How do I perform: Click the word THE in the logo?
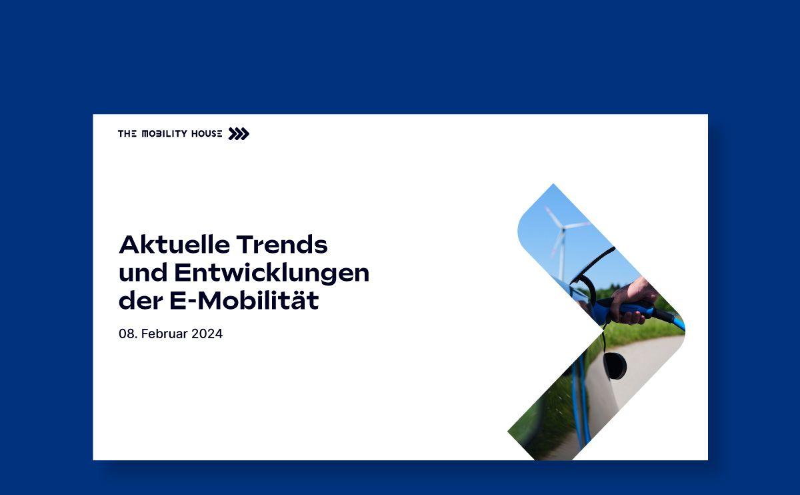coord(127,133)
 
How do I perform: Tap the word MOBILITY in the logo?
coord(165,133)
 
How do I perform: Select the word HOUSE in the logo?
coord(207,133)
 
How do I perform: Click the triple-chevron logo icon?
coord(239,133)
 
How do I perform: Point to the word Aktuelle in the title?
coord(174,244)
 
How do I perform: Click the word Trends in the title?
coord(282,244)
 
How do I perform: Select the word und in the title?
coord(143,273)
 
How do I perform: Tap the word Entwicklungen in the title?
coord(272,274)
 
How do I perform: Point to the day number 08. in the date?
coord(128,334)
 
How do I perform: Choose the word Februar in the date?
coord(164,334)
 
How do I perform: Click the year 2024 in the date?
coord(207,334)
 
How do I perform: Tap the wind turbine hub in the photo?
coord(563,228)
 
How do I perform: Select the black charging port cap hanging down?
coord(615,366)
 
